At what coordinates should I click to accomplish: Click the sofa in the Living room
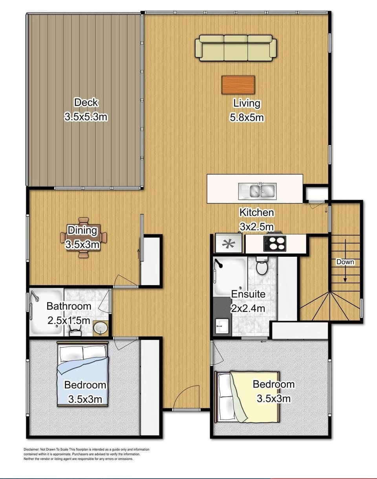(x=236, y=48)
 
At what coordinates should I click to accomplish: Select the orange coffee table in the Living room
(x=238, y=85)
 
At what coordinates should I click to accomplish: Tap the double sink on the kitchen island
(x=257, y=191)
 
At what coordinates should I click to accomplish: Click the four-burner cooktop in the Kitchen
(x=275, y=243)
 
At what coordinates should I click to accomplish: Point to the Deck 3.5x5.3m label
(x=86, y=110)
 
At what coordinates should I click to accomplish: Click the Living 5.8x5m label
(x=247, y=110)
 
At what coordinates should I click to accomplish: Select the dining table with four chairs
(x=83, y=238)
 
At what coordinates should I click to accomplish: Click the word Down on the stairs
(x=345, y=262)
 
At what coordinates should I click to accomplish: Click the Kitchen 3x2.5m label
(x=257, y=219)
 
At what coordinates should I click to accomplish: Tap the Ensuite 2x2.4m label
(x=248, y=301)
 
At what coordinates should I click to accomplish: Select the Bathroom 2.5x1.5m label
(x=69, y=313)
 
